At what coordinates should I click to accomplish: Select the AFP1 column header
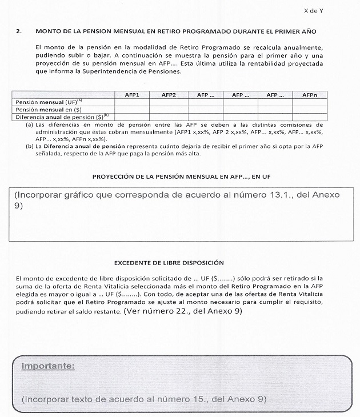coord(133,95)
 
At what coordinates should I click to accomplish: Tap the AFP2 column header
coord(169,95)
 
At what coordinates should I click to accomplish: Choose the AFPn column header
coord(311,95)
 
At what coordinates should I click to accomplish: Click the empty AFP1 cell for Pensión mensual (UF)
coord(133,102)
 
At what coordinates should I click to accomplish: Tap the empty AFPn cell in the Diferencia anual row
coord(311,116)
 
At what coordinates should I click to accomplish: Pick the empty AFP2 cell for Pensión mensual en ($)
coord(169,109)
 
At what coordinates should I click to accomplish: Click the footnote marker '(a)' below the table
coord(29,124)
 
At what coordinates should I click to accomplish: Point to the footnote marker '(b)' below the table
coord(29,145)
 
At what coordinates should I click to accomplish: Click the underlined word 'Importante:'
coord(47,364)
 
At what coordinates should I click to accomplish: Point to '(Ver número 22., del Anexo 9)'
coord(182,311)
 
